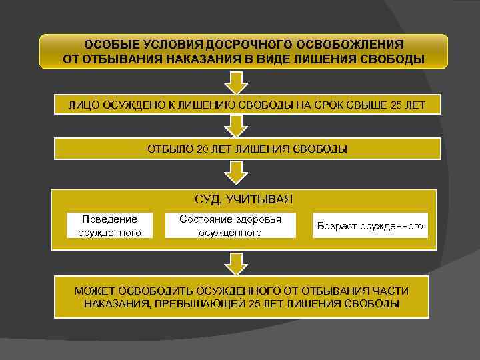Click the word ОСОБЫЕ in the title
coord(110,45)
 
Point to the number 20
coord(203,149)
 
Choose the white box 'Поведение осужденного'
coord(109,225)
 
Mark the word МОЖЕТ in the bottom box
coord(95,291)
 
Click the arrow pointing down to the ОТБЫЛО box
coord(235,125)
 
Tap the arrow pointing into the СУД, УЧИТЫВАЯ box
coord(235,171)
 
